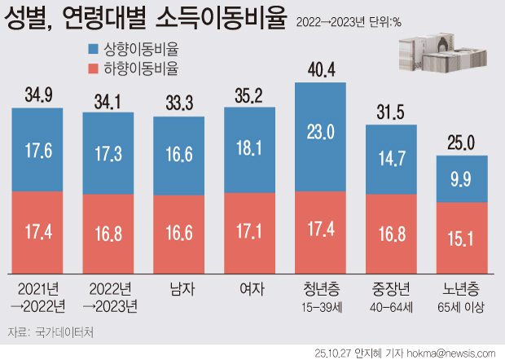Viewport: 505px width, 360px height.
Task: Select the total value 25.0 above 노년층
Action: (462, 143)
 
